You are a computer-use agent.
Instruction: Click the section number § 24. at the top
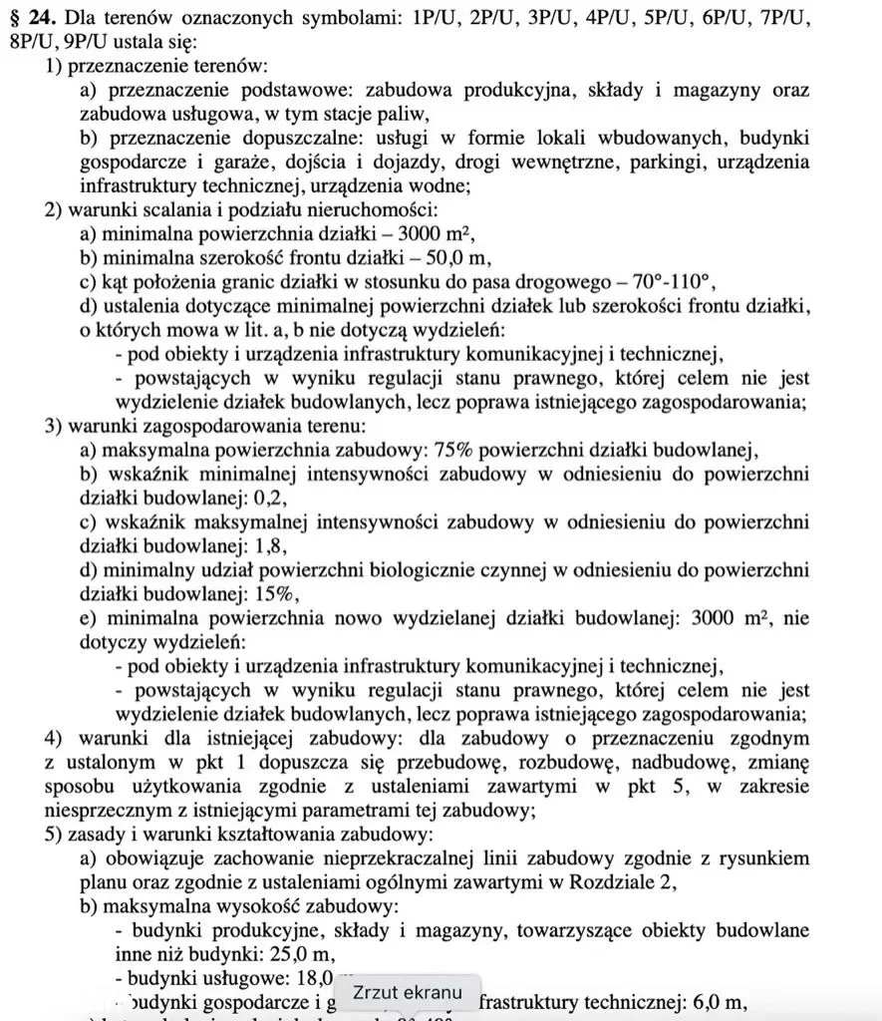point(36,20)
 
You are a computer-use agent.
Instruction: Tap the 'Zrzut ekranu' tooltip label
point(409,992)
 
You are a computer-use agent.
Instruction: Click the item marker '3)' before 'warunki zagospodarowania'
point(55,426)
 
